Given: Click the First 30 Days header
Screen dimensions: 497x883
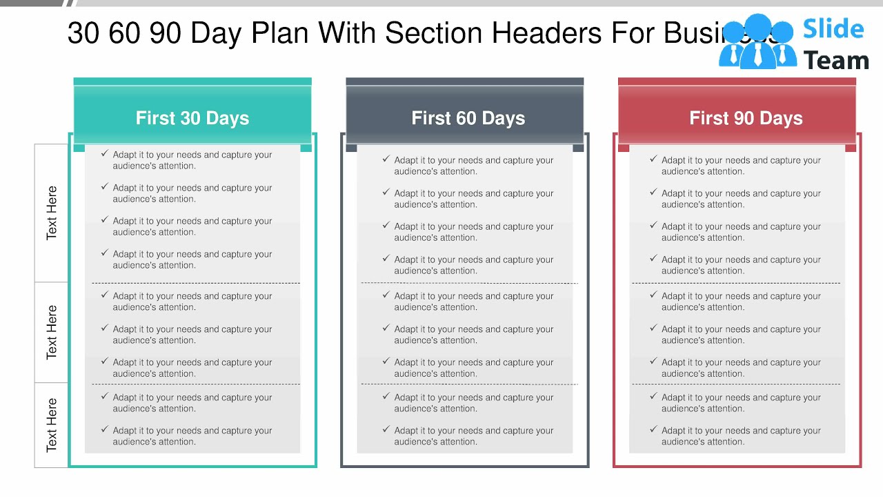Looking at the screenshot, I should tap(192, 118).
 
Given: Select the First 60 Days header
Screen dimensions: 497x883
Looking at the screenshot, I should tap(468, 118).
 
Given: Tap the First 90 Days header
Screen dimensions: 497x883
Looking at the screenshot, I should tap(746, 118).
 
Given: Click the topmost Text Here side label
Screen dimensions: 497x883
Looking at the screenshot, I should tap(52, 213).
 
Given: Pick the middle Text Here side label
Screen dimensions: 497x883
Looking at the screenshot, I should tap(52, 332).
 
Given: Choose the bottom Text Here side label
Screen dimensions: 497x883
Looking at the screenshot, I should tap(52, 425).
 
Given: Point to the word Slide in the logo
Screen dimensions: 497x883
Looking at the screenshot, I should tap(833, 29).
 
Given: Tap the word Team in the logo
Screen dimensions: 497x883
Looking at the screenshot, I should tap(836, 61).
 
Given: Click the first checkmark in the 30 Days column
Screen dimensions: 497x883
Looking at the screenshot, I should tap(104, 154).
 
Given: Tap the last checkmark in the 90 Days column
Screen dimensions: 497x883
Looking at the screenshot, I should tap(653, 429).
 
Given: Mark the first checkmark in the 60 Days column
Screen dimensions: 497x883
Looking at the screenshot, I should tap(386, 159).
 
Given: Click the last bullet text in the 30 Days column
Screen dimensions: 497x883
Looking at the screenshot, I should tap(192, 436).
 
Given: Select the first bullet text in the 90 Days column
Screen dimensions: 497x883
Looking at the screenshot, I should tap(741, 166).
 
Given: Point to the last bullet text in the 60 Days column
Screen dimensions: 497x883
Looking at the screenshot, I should tap(473, 436).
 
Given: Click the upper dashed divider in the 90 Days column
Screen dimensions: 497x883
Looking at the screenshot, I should tap(736, 283).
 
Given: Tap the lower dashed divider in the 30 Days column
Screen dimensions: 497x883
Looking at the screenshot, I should tap(196, 384).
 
